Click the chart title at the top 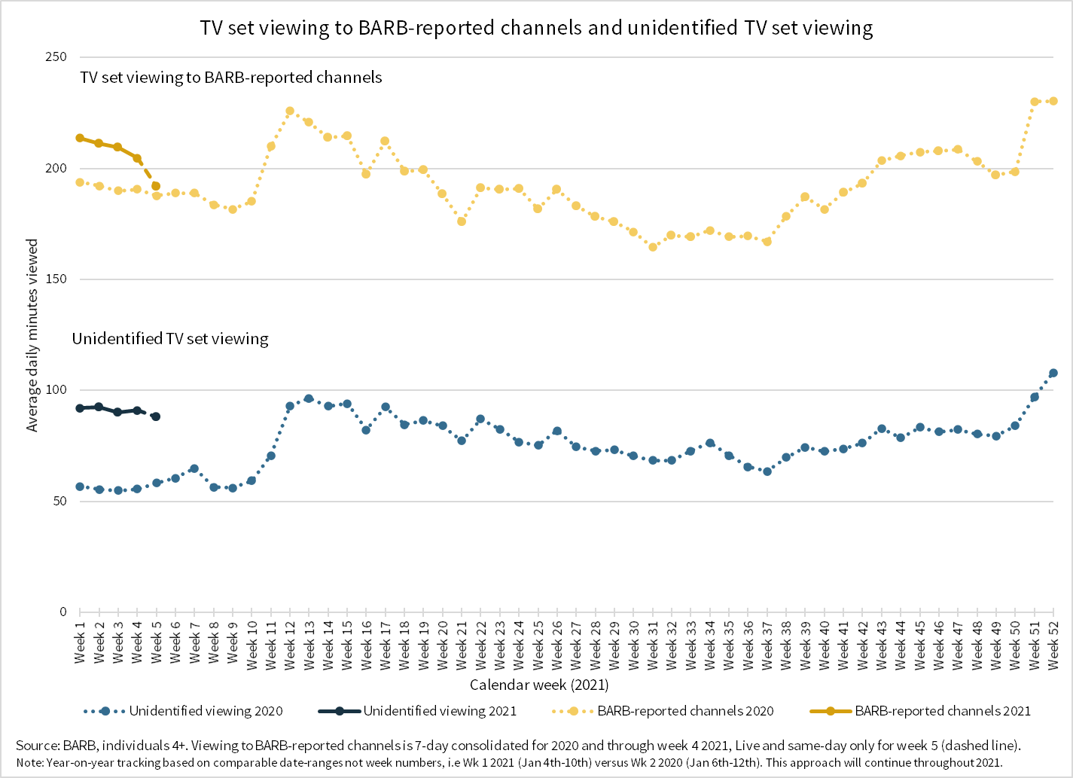[536, 28]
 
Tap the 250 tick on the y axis [57, 57]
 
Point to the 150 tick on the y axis [57, 279]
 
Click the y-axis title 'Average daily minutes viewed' [32, 336]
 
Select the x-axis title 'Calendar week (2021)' [539, 685]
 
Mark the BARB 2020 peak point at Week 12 [290, 111]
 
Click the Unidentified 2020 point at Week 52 [1053, 374]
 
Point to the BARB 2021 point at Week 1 [80, 138]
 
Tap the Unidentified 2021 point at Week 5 [156, 416]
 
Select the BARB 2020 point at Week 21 [462, 221]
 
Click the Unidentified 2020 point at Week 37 [767, 471]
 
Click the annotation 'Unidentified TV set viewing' [170, 339]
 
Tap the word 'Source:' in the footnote [38, 746]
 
